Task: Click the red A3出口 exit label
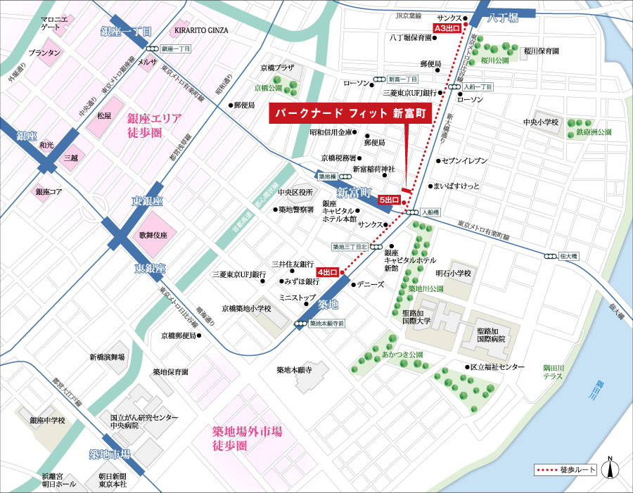447,28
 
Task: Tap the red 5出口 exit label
389,200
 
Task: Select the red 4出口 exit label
328,271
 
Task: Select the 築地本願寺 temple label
293,370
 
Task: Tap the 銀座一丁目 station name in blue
132,32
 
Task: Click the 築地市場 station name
110,454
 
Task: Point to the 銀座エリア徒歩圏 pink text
154,124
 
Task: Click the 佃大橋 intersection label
568,257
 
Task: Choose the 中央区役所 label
295,192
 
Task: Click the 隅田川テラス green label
558,372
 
